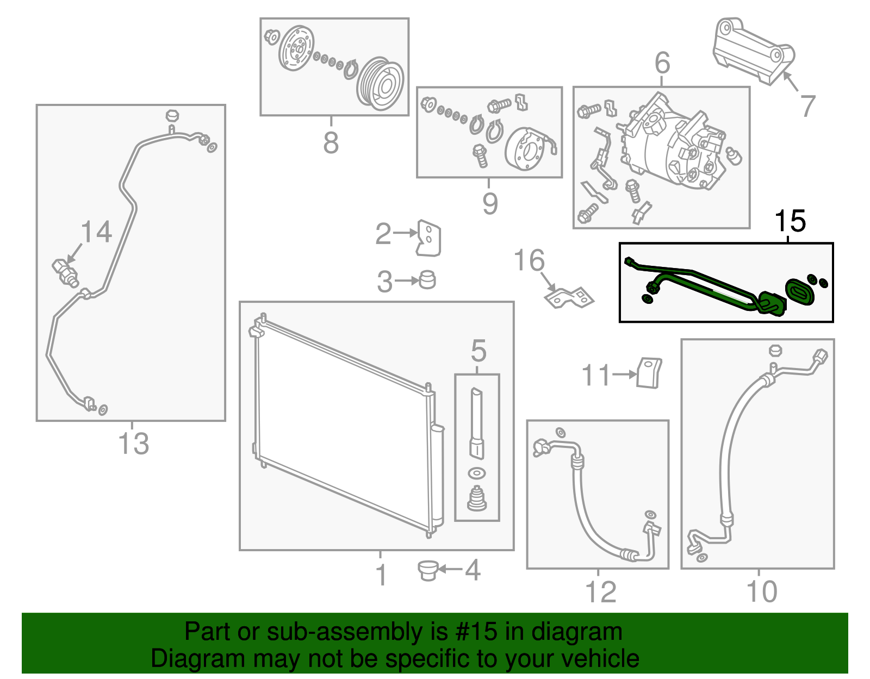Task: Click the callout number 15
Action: [x=790, y=221]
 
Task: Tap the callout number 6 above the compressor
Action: [x=662, y=64]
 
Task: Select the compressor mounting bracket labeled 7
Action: [x=753, y=52]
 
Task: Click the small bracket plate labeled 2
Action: [x=428, y=238]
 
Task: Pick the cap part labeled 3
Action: [x=428, y=279]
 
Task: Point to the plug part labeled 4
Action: [x=428, y=570]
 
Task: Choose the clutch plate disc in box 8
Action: [x=296, y=49]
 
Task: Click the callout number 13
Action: [x=133, y=443]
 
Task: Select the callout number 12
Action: [x=600, y=591]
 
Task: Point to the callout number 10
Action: [x=761, y=591]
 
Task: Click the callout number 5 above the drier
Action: [x=478, y=351]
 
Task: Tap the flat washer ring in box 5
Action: [x=477, y=474]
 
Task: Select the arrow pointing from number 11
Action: [x=624, y=375]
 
